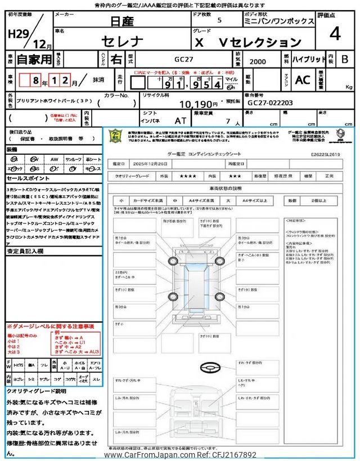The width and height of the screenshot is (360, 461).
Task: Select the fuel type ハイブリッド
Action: click(x=308, y=59)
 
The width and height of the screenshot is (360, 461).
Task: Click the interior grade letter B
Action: click(x=344, y=59)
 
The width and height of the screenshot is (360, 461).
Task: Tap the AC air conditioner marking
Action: click(x=302, y=80)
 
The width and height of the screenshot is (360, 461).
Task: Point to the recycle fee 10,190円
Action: click(x=197, y=104)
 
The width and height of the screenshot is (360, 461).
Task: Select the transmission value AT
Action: click(x=182, y=120)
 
